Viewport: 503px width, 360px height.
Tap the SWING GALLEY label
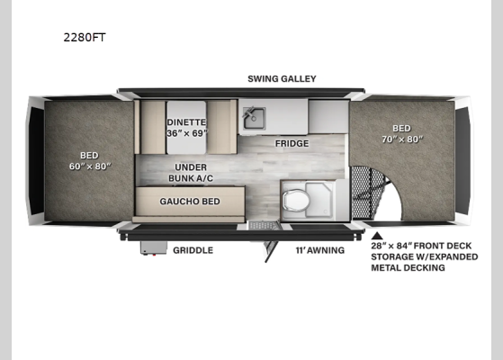[282, 78]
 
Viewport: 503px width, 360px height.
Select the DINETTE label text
[186, 122]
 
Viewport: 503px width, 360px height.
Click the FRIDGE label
[292, 143]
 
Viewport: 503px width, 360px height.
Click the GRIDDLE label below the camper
[193, 250]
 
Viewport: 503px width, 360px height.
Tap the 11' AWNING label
[319, 250]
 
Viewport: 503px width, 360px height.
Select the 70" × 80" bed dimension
[401, 139]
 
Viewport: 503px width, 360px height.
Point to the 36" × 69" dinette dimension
[186, 133]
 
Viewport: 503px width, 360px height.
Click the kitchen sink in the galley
[252, 117]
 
